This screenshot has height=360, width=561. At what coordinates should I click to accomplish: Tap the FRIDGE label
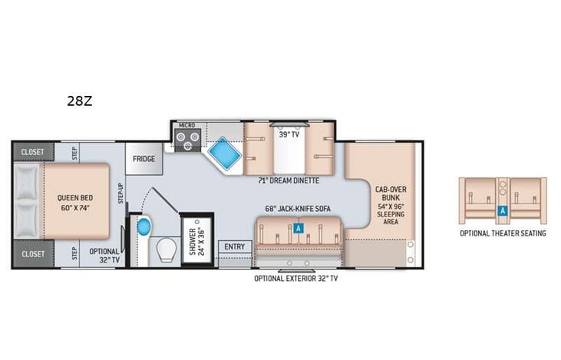click(144, 159)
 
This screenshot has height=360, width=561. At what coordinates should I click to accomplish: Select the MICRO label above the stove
click(186, 125)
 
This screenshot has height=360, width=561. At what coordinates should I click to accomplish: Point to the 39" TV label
click(288, 134)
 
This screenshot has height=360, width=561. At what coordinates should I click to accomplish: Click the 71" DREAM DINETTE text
click(289, 180)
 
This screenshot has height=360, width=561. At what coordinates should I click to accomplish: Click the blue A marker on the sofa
click(298, 227)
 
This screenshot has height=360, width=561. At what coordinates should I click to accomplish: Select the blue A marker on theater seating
click(502, 209)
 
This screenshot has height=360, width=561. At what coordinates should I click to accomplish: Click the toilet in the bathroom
click(165, 251)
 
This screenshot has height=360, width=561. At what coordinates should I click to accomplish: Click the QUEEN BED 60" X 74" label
click(75, 201)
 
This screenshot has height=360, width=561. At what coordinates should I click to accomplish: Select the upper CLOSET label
click(32, 152)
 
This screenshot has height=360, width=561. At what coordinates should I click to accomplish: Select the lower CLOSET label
click(32, 253)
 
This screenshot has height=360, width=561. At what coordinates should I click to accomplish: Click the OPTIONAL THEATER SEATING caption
click(503, 233)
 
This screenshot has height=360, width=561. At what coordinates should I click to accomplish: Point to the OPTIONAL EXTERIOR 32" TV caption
click(296, 279)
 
